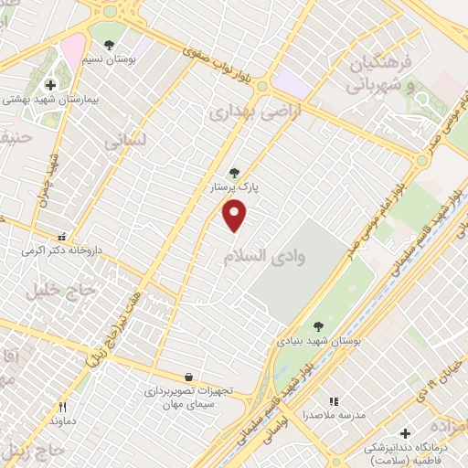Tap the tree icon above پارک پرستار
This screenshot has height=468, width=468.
click(235, 172)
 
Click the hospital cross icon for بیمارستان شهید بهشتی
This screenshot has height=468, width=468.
click(50, 84)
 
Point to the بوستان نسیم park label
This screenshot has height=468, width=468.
click(117, 58)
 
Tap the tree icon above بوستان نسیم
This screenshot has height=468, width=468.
click(110, 44)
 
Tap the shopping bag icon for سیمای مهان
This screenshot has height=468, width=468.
click(188, 377)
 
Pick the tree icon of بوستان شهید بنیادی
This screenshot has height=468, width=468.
click(318, 325)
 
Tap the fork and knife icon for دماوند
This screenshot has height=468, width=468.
click(63, 407)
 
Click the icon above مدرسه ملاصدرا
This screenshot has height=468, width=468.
click(334, 400)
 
